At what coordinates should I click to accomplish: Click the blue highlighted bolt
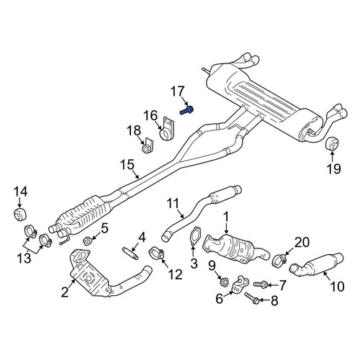(186, 111)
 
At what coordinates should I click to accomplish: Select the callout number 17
(178, 92)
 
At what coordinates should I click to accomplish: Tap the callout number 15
(127, 166)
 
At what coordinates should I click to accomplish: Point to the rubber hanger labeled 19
(332, 144)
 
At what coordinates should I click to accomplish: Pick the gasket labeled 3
(194, 236)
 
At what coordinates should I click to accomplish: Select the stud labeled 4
(130, 253)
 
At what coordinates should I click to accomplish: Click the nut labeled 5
(87, 240)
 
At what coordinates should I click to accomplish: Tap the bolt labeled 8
(251, 297)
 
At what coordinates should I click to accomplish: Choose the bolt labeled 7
(261, 284)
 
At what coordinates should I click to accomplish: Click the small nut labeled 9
(225, 281)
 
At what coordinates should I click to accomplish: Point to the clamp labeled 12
(156, 253)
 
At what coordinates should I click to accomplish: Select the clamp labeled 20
(280, 261)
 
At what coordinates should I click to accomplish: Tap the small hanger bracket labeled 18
(148, 145)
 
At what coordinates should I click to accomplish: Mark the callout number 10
(337, 287)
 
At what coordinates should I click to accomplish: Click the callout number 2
(65, 292)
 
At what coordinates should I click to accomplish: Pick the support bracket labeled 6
(240, 285)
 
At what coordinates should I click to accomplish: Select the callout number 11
(172, 204)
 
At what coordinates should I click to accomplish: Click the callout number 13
(24, 258)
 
